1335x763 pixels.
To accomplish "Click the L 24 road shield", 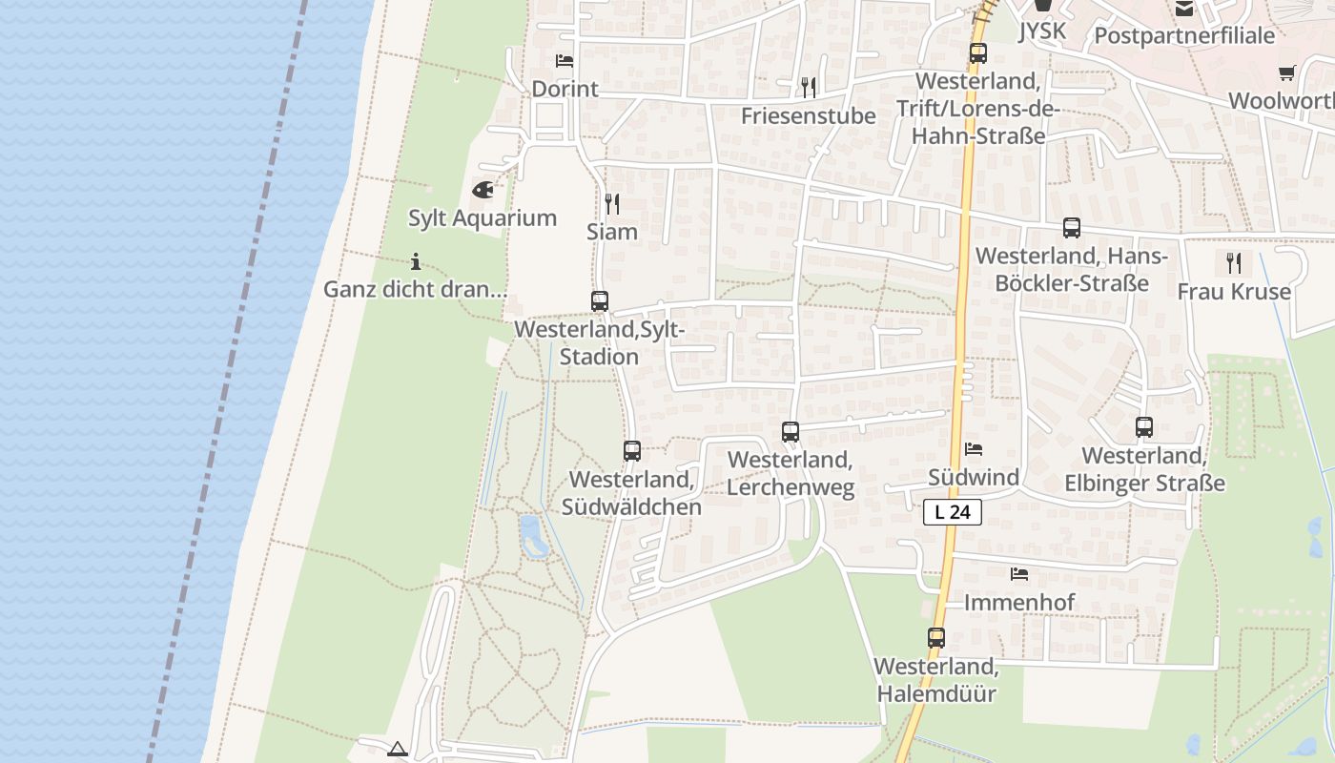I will coord(952,512).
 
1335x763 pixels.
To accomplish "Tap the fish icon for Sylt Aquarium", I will coord(483,190).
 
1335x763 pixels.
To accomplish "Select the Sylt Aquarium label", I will coord(483,217).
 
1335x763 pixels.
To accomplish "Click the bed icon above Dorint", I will coord(565,61).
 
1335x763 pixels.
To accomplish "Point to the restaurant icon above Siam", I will coord(612,203).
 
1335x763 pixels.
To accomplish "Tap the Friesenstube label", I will coord(809,116).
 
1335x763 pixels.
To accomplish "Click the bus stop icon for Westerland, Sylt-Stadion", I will coord(600,301).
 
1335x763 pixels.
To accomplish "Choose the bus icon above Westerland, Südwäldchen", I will coord(632,451).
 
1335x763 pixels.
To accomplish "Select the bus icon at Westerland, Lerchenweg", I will coord(791,432).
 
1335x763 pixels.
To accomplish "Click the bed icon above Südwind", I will coord(974,449).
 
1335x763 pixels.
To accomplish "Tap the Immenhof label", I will coord(1019,603).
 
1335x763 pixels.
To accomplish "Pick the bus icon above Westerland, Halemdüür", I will coord(936,638).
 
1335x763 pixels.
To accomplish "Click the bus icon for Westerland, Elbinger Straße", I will coord(1144,427).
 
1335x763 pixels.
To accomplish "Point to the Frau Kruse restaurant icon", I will coord(1235,262).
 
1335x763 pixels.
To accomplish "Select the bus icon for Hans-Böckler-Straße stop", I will coord(1072,228).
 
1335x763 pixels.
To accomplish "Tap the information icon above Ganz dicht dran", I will coord(415,261).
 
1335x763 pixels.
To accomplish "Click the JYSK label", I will coord(1041,31).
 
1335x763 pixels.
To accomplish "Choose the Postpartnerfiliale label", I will coord(1184,36).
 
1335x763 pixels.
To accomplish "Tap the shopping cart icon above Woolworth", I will coord(1287,72).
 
